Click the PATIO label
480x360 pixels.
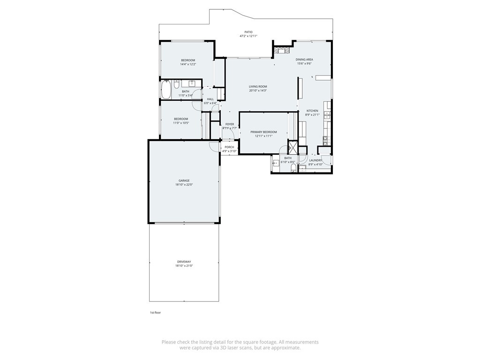point(248,32)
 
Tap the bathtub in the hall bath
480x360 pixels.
point(166,90)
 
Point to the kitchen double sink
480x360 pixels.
point(327,115)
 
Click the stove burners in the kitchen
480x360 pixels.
point(326,141)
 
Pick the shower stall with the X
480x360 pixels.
point(292,147)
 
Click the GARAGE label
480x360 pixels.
point(184,180)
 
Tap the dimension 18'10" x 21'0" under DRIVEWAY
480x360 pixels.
point(184,266)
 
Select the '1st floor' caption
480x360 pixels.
point(155,313)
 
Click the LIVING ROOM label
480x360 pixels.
point(258,86)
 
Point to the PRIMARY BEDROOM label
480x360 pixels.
point(263,132)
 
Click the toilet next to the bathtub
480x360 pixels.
point(176,84)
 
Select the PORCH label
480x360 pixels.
point(229,147)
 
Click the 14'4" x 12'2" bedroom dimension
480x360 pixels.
point(188,64)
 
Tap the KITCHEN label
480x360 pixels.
point(312,111)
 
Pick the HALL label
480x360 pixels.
point(210,99)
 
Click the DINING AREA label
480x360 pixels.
point(304,60)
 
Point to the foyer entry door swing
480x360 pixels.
point(233,134)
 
